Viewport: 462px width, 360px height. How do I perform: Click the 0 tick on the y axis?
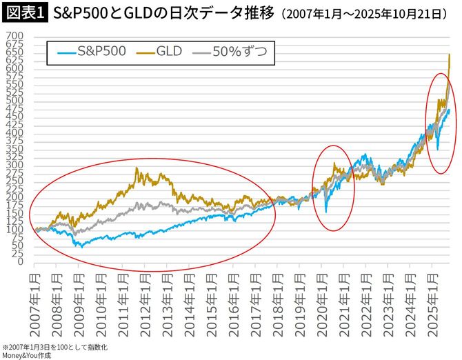click(21, 262)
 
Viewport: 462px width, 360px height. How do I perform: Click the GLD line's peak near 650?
click(450, 54)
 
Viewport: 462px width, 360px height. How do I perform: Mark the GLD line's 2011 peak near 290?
click(137, 168)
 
